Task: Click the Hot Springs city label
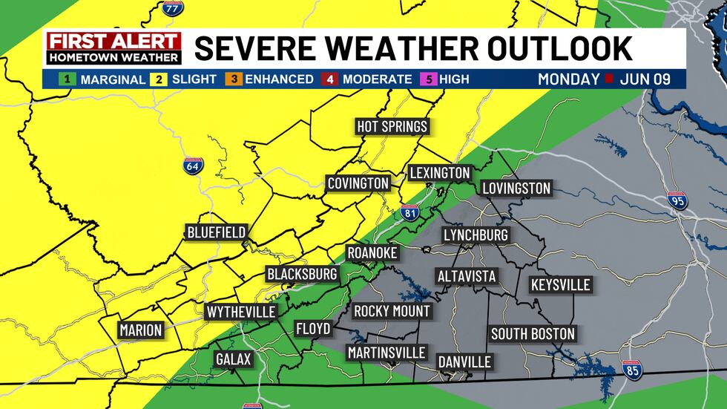(392, 126)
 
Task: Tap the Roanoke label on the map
(372, 253)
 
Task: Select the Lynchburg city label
(476, 235)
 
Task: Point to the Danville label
(464, 361)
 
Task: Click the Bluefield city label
(216, 232)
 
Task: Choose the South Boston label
(533, 334)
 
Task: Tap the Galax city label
(234, 359)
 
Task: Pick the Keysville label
(560, 285)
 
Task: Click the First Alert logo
(114, 48)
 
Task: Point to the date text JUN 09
(646, 79)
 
